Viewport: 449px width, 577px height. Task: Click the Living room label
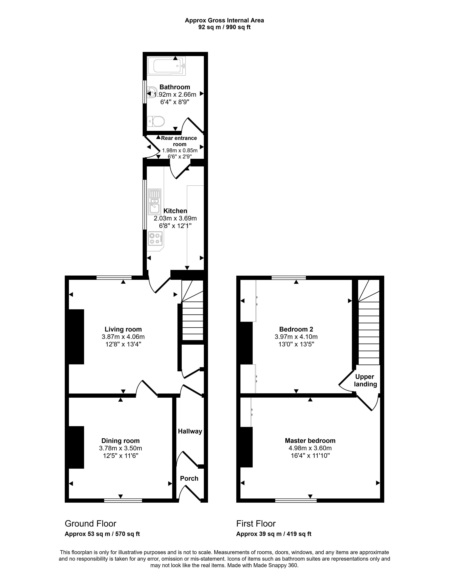tap(123, 329)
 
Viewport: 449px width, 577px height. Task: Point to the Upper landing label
tap(365, 380)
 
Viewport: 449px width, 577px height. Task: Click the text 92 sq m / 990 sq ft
tap(224, 27)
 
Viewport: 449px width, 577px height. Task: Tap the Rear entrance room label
tap(179, 141)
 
